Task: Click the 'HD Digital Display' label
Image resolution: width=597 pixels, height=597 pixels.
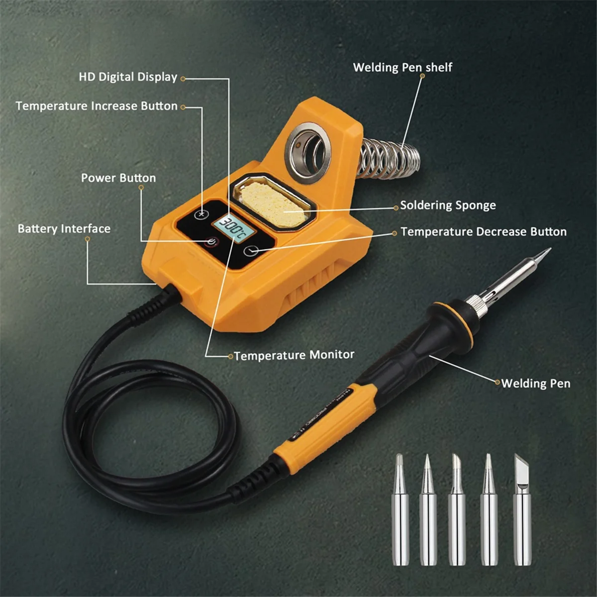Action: point(128,77)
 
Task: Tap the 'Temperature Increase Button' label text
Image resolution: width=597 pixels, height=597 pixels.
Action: point(97,106)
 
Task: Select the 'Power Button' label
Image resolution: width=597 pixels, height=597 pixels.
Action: point(118,178)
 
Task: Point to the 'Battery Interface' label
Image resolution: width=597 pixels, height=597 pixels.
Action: point(64,229)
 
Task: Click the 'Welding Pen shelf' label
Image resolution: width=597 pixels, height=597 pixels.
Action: point(402,67)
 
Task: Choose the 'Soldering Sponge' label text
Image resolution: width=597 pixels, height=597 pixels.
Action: point(448,205)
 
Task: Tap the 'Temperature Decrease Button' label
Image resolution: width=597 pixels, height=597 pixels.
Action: point(483,232)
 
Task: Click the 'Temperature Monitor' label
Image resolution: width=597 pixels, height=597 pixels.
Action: point(294,355)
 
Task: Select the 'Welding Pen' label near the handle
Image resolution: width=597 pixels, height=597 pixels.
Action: point(535,383)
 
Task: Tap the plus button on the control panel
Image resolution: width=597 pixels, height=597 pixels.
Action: point(201,214)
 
